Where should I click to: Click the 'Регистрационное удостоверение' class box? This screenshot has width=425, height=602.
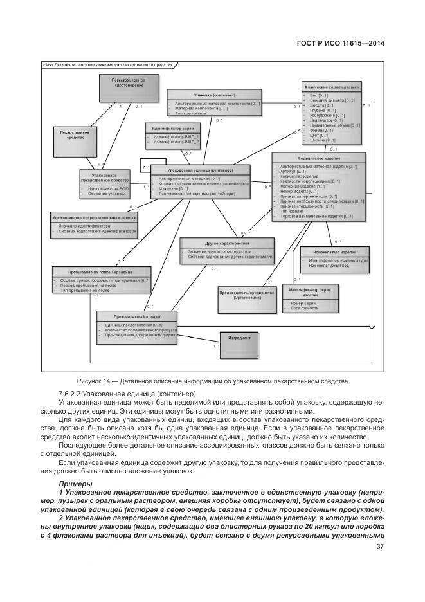pyautogui.click(x=122, y=87)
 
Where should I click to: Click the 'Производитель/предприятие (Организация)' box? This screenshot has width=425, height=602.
pyautogui.click(x=242, y=296)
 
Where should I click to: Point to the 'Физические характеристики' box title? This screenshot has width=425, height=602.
pyautogui.click(x=330, y=86)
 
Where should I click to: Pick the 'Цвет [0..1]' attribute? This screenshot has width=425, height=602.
pyautogui.click(x=320, y=136)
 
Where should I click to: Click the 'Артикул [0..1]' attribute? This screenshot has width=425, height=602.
pyautogui.click(x=293, y=172)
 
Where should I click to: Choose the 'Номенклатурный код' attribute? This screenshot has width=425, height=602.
pyautogui.click(x=328, y=265)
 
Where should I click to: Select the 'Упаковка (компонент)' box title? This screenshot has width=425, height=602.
pyautogui.click(x=214, y=95)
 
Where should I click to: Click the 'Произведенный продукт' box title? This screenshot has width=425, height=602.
pyautogui.click(x=136, y=317)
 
